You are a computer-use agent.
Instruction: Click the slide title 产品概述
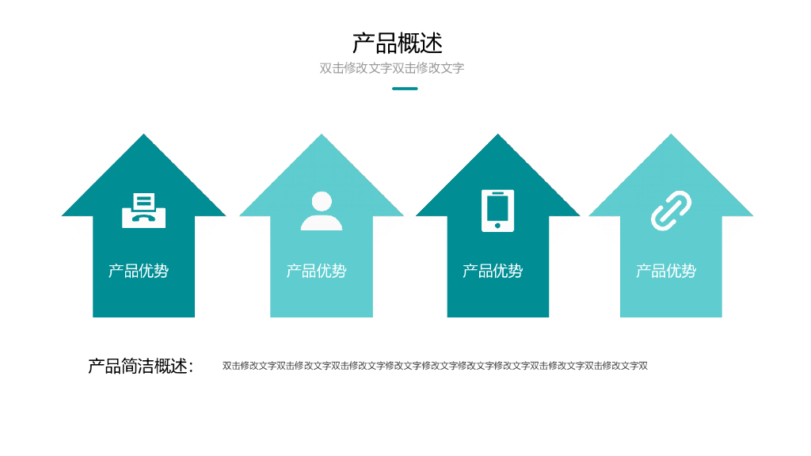pos(397,43)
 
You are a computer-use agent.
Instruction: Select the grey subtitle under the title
pos(391,68)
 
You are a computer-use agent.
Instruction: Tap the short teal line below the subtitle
pos(405,89)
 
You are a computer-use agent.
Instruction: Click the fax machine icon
pos(143,210)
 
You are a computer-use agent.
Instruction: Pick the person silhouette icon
pos(322,211)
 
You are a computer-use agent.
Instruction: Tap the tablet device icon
pos(497,211)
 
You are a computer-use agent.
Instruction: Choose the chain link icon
pos(671,211)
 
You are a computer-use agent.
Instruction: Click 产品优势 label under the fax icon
pos(139,271)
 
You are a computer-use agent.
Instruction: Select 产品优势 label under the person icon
pos(316,271)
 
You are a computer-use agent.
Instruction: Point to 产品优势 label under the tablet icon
pos(493,271)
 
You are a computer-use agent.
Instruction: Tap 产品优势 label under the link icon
pos(666,271)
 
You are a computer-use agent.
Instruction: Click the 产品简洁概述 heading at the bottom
pos(140,366)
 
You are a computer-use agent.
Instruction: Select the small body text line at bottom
pos(435,366)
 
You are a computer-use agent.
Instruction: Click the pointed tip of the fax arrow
pos(143,136)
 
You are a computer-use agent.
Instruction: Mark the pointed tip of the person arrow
pos(322,136)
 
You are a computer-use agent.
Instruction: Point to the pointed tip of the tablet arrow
pos(498,136)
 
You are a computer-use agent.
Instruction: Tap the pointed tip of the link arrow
pos(672,136)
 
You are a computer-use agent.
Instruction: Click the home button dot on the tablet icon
pos(497,226)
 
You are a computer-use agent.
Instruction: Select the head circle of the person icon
pos(322,201)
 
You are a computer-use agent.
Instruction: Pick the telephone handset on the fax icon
pos(143,218)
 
